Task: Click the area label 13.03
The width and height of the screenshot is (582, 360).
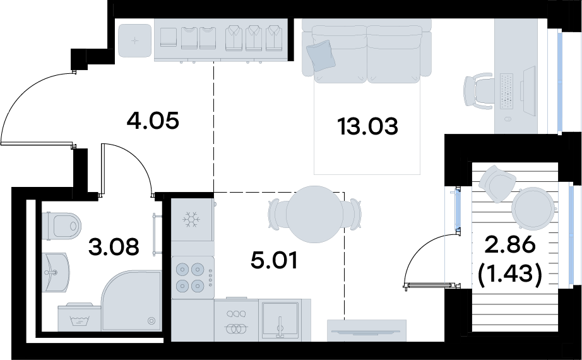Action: (367, 126)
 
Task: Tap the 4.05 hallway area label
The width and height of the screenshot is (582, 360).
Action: (153, 121)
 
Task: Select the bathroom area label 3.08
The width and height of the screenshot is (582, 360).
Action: (114, 247)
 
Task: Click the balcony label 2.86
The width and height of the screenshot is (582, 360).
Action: (511, 245)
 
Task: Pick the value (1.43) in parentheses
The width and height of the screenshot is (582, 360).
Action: (511, 274)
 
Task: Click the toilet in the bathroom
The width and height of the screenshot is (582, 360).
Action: (61, 225)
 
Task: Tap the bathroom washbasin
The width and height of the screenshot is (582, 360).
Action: (56, 272)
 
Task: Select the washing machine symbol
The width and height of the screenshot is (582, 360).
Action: (80, 317)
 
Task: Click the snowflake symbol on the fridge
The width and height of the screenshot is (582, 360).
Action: (191, 220)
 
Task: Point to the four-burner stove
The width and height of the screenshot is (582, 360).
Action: (193, 277)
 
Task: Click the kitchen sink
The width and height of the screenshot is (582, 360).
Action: (280, 321)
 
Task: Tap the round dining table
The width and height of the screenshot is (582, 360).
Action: (314, 214)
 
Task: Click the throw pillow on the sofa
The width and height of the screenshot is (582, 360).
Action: (321, 56)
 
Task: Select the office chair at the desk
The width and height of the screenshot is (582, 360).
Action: (478, 92)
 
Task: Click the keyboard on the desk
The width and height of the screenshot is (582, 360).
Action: (507, 92)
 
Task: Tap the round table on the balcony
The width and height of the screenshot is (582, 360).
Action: (533, 208)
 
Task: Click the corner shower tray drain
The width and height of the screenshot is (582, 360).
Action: (151, 321)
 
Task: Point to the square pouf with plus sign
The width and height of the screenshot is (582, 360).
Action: (134, 40)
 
